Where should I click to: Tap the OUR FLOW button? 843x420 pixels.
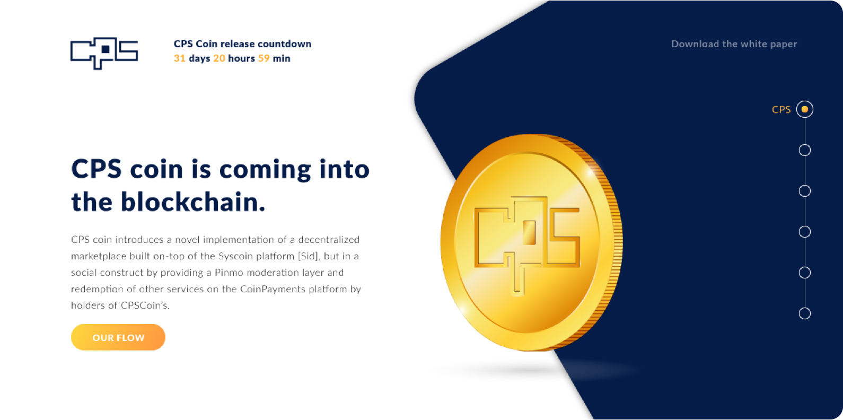118,337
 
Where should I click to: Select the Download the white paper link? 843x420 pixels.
734,44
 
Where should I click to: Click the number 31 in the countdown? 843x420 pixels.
180,58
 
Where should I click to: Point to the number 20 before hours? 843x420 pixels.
219,58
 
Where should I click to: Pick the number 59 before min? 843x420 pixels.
264,58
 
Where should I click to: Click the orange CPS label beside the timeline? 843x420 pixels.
781,110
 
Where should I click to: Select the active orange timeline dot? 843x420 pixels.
805,109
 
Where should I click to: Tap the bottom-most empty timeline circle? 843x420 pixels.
805,313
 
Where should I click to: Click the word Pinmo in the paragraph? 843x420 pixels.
229,273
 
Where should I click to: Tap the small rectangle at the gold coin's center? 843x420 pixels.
529,233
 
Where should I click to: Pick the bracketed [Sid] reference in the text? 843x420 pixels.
309,256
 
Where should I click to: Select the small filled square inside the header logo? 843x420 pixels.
106,49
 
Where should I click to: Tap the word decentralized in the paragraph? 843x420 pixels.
329,240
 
